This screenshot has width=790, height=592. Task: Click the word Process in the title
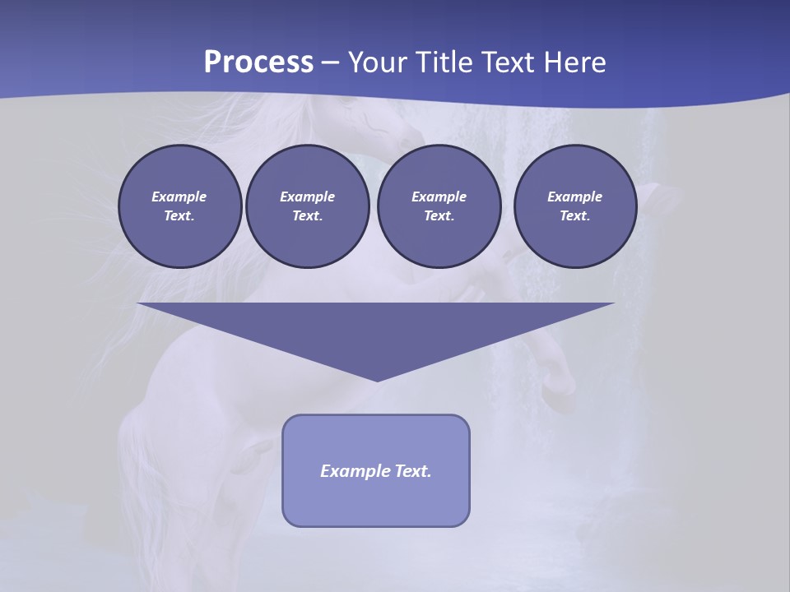coord(258,62)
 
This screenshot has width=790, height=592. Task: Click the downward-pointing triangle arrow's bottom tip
coord(377,379)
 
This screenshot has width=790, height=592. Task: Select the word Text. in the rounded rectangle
coord(412,471)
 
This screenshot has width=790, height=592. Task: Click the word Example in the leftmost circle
coord(179,197)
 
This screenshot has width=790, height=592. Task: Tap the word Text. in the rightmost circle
coord(574,215)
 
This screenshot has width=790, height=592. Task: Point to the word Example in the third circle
coord(439,197)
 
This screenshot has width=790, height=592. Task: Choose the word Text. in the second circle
coord(307,215)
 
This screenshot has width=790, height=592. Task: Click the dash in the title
coord(330,62)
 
